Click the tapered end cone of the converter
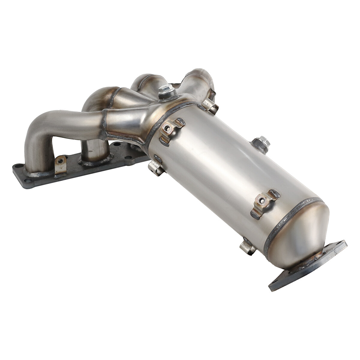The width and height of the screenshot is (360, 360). [x=303, y=237]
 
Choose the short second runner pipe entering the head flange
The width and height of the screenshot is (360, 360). [x=93, y=150]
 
